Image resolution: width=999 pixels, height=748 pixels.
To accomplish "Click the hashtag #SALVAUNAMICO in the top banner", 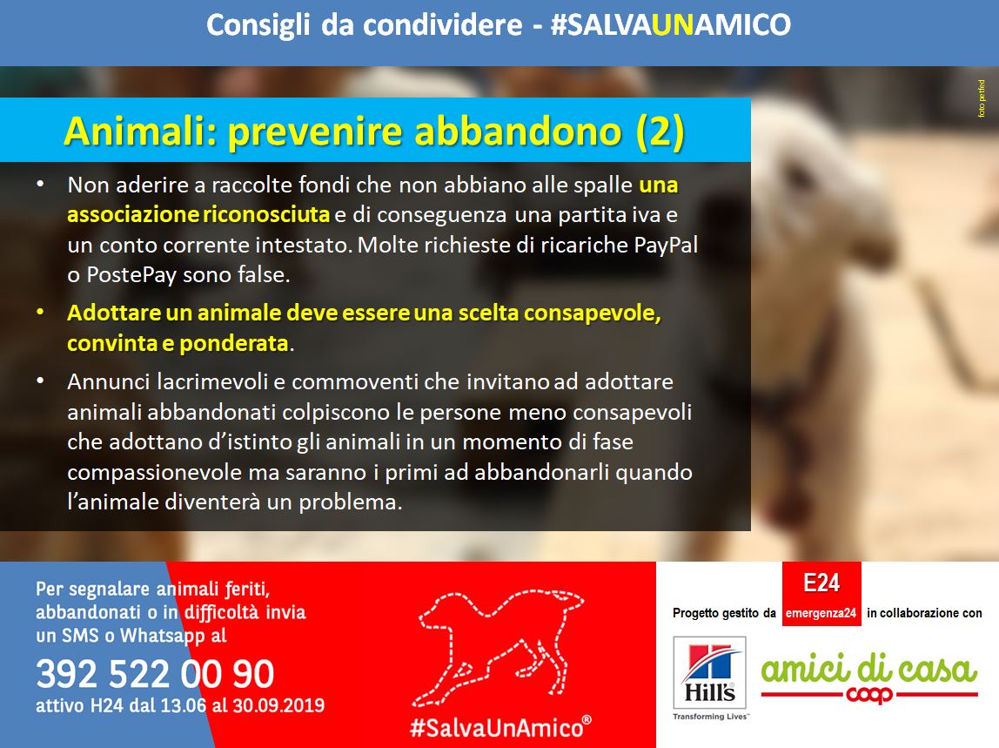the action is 670,25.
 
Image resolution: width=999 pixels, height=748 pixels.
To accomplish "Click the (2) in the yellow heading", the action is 660,132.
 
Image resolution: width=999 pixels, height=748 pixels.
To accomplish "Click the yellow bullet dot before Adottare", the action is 40,313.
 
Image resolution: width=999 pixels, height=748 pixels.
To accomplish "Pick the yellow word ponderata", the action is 233,344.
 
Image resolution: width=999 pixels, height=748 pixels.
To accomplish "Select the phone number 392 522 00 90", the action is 155,673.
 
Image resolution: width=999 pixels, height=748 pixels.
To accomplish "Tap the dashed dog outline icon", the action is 500,647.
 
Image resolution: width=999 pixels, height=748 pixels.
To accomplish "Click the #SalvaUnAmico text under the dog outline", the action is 500,727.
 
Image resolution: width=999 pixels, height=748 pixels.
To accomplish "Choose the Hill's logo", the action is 710,677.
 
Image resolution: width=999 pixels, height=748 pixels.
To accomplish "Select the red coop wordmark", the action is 869,694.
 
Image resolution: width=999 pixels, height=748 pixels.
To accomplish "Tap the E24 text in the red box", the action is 821,583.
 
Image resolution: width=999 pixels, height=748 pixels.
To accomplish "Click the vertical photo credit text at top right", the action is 982,98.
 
